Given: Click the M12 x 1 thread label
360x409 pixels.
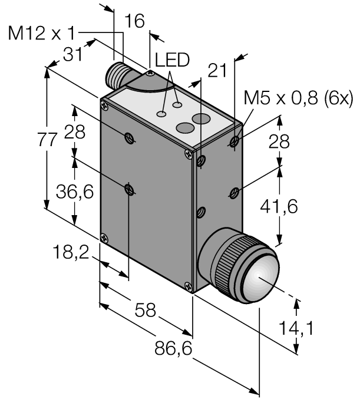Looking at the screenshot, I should coord(44,34).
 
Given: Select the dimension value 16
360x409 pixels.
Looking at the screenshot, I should coord(136,22).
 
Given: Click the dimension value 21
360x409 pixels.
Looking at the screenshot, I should coord(217,71).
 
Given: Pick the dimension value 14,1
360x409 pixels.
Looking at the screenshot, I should coord(324,328).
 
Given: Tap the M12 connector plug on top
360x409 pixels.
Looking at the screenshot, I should coord(117,74).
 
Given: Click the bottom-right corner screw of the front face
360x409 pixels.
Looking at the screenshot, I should coord(188,288).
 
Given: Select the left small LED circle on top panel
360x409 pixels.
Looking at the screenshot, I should coord(161,112).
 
